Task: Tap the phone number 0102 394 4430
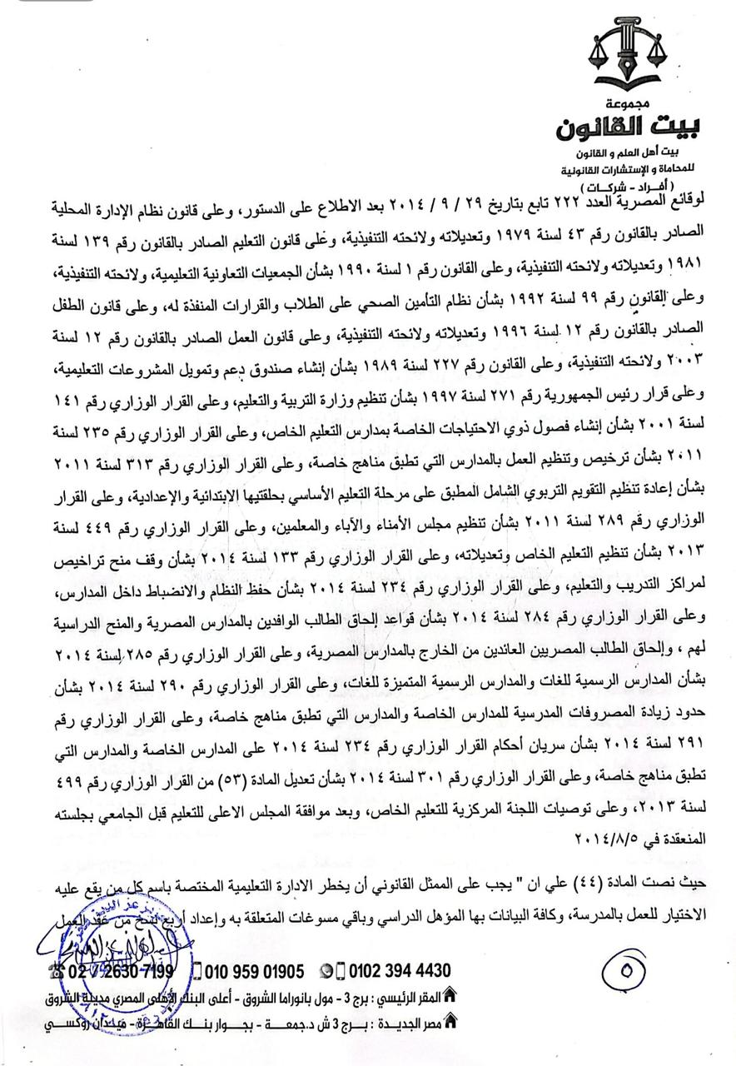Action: (399, 971)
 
